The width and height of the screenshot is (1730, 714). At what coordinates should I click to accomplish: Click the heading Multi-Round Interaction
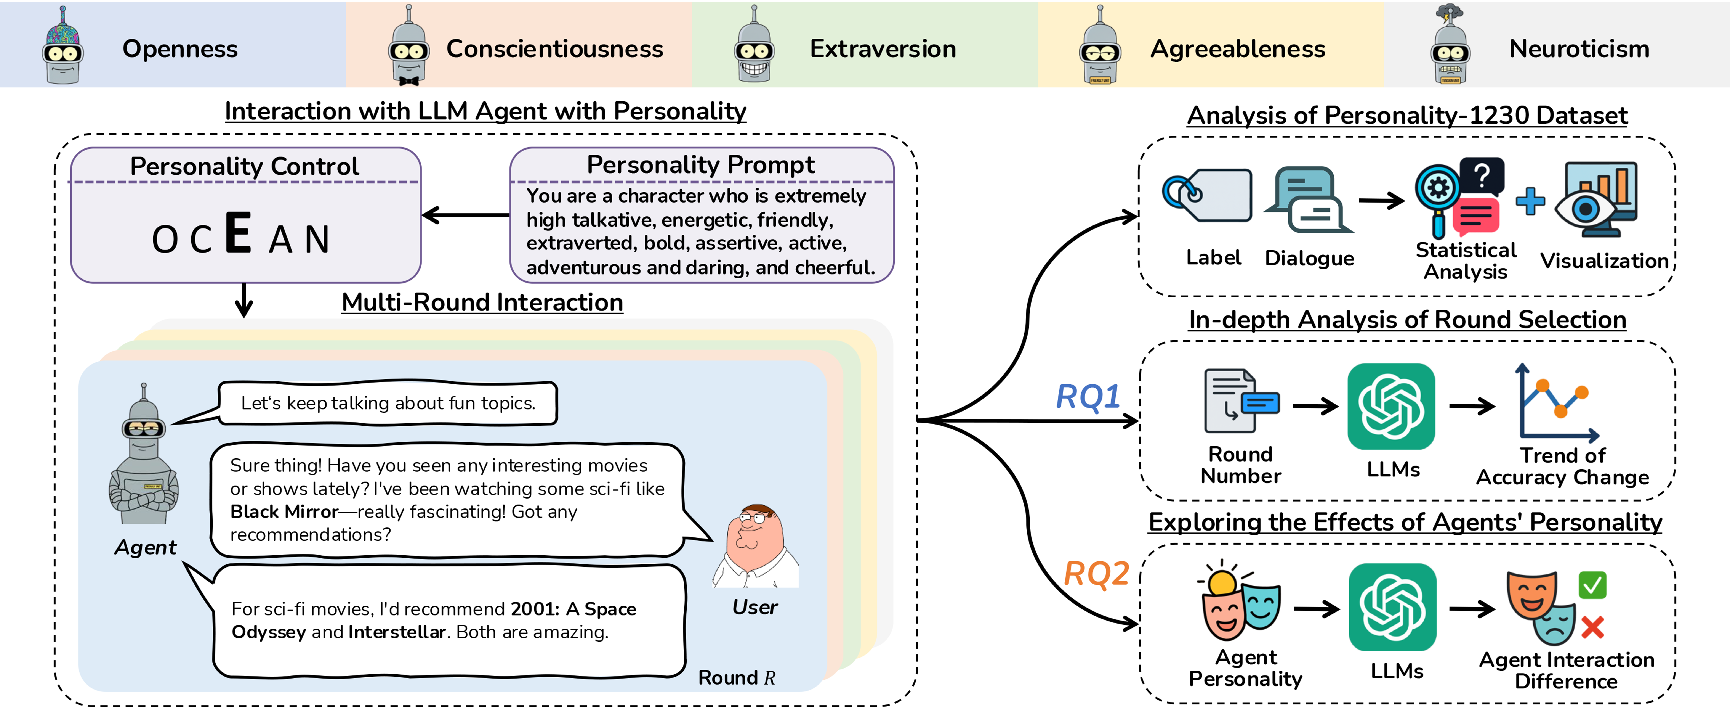482,302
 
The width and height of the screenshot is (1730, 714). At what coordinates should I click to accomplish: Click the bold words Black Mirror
284,512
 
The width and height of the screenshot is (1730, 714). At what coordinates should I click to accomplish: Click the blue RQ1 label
1088,396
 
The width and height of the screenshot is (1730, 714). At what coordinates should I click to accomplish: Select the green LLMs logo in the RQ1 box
1391,406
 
